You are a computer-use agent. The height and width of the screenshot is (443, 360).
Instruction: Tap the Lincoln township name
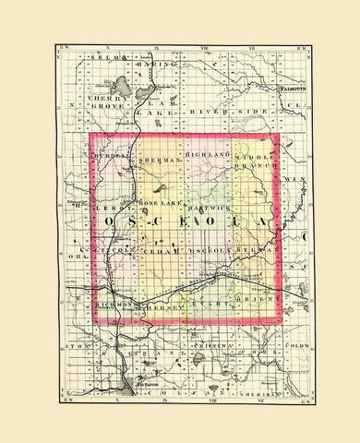point(114,250)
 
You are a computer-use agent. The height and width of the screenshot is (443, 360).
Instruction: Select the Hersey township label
point(154,309)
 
